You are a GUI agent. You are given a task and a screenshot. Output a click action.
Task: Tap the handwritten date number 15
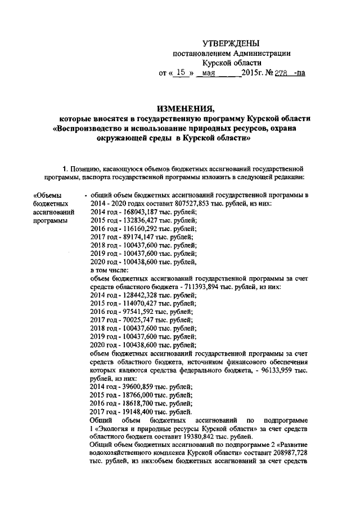point(181,73)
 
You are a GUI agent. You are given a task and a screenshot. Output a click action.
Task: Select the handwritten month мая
point(209,73)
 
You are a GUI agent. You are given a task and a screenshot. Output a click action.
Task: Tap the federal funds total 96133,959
point(274,371)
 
